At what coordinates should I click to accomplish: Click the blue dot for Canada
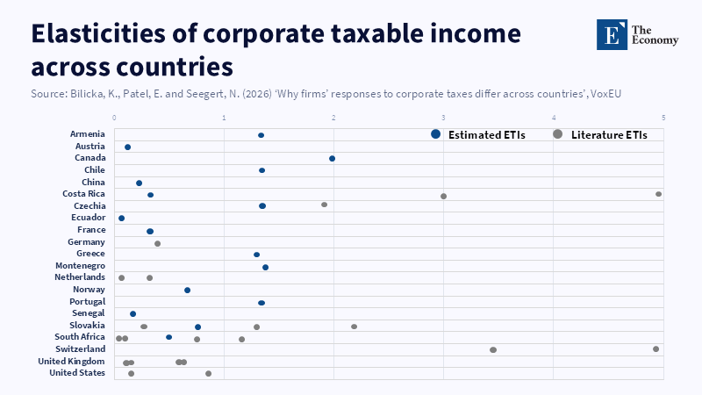[332, 159]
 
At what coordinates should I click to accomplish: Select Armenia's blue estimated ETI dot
[261, 135]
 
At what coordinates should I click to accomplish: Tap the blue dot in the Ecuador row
[121, 218]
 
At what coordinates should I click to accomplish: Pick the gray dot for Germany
[157, 243]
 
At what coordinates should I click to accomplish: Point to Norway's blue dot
[187, 290]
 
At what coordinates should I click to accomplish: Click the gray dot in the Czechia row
[324, 205]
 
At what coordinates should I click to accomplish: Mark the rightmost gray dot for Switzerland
[655, 348]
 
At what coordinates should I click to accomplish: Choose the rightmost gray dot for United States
[208, 373]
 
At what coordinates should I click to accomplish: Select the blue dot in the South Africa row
[168, 337]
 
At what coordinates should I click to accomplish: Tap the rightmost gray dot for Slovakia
[354, 327]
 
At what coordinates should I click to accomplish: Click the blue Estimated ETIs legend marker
[435, 134]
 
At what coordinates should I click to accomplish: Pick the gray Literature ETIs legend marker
[557, 134]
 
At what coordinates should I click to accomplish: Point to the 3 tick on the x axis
[443, 118]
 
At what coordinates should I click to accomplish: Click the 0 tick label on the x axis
[114, 118]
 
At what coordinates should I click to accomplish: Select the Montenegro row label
[80, 266]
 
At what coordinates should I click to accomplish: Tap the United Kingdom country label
[71, 361]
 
